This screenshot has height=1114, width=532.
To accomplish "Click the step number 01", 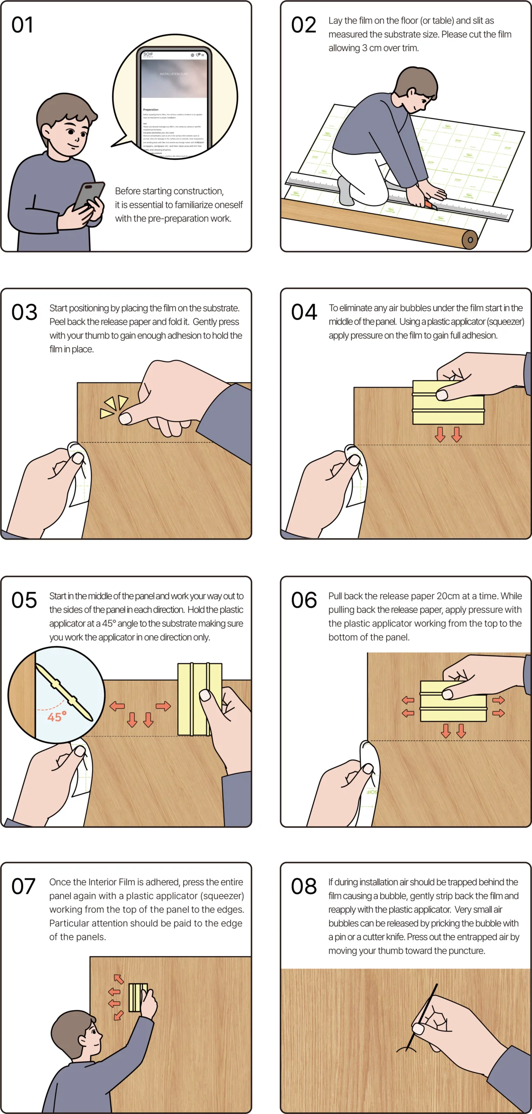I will (22, 25).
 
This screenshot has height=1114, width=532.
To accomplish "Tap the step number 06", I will (304, 601).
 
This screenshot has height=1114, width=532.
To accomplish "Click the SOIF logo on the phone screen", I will (148, 54).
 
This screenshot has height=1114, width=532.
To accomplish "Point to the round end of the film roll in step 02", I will (470, 239).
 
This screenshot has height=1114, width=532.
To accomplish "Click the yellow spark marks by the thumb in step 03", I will (114, 407).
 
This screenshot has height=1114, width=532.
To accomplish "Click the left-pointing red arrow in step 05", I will (117, 706).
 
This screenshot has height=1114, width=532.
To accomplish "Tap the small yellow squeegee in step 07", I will (137, 997).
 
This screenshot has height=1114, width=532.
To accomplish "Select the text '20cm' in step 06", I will (448, 596).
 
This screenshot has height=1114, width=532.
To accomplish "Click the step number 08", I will (304, 886).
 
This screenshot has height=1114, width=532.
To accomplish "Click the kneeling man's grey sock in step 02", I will (346, 191).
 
